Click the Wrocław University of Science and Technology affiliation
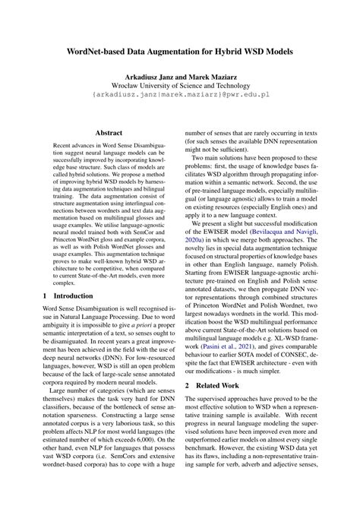click(180, 87)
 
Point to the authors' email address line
click(180, 97)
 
